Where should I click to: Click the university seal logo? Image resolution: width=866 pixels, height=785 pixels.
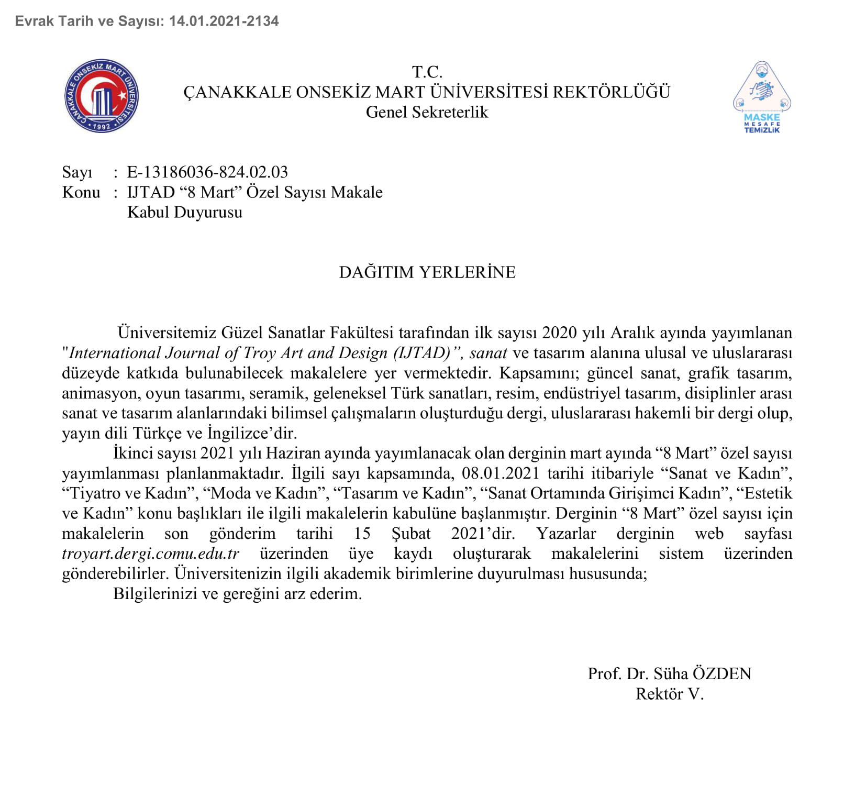(102, 96)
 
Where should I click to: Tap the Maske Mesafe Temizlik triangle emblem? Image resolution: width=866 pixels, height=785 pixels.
(762, 97)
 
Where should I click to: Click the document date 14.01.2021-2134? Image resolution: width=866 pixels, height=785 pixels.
(224, 21)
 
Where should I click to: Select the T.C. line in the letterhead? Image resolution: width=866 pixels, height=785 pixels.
(427, 72)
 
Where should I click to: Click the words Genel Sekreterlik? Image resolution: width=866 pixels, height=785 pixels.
(427, 112)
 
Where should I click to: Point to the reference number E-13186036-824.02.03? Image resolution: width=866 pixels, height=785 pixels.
(207, 172)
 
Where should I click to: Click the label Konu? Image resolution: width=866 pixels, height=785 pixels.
(81, 192)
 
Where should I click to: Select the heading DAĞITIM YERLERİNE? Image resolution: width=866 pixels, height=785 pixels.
(427, 272)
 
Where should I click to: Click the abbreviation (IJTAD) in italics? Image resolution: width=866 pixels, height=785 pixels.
(422, 353)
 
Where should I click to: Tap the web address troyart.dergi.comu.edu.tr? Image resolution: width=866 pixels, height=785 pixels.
(151, 554)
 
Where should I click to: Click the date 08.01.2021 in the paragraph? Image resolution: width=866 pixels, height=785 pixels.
(501, 473)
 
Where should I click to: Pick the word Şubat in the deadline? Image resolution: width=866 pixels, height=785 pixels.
(411, 534)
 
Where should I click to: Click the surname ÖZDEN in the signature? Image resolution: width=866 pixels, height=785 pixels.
(722, 673)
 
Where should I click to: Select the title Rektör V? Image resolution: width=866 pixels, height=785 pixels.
(670, 694)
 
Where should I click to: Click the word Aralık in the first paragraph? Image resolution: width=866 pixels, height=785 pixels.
(632, 333)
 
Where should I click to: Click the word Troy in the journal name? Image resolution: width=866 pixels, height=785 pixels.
(260, 353)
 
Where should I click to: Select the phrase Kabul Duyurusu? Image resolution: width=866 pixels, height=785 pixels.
(185, 212)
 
